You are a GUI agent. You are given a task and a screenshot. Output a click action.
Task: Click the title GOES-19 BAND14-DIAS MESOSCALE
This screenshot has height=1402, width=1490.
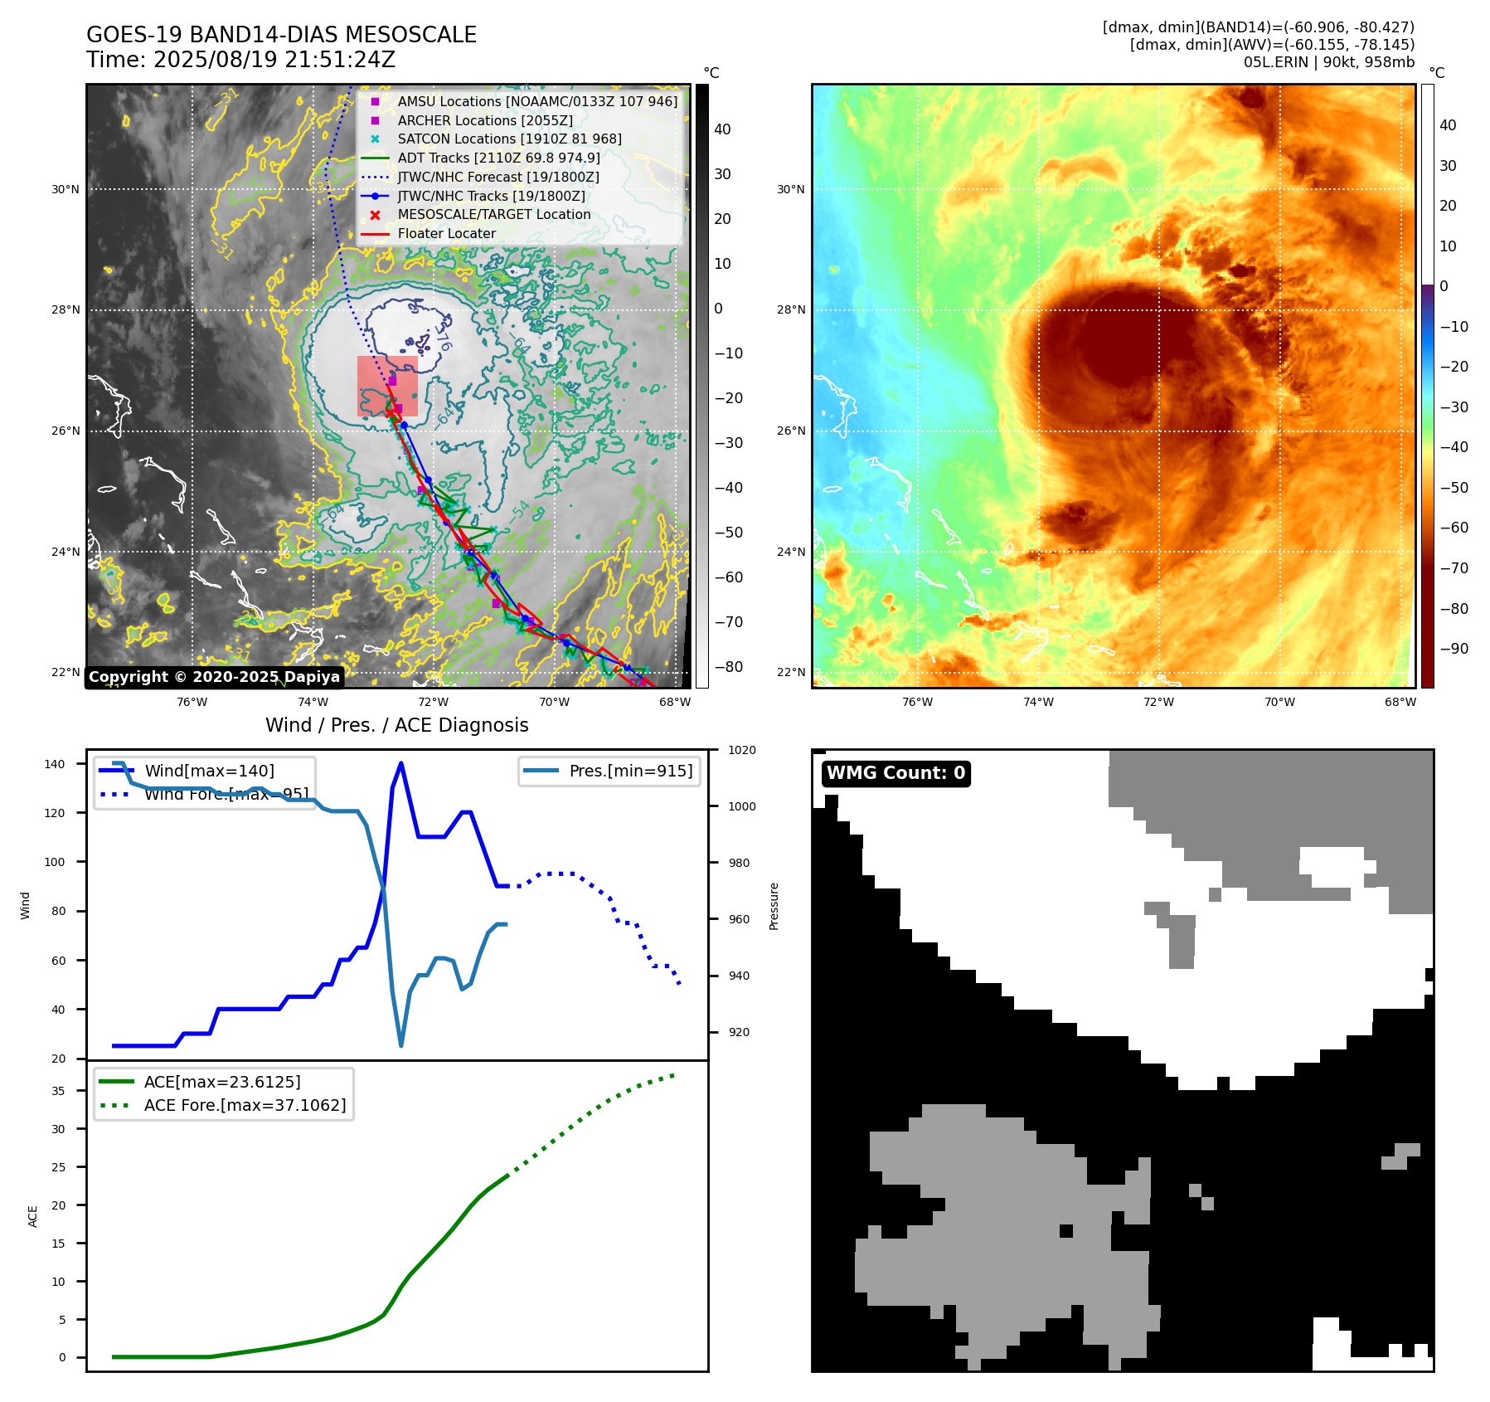click(x=281, y=35)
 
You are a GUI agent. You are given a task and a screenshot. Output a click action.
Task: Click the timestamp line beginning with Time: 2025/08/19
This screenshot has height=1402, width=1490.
click(x=240, y=60)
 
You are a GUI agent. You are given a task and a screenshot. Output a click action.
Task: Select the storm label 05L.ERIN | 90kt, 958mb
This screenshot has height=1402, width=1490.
click(x=1328, y=62)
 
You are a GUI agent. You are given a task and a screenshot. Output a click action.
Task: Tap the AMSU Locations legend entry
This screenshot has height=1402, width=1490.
click(x=536, y=101)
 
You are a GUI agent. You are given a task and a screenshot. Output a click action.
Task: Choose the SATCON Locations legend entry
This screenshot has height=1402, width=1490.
click(x=509, y=139)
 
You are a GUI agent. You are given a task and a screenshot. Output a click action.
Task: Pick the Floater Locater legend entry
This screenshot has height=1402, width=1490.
click(x=446, y=234)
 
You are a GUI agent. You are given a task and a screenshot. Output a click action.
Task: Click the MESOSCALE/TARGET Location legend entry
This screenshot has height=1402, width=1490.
click(x=493, y=215)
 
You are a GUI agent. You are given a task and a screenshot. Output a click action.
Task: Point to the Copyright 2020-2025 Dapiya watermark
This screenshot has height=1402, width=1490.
click(x=214, y=677)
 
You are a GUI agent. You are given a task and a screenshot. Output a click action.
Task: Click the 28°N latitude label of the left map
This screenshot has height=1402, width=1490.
click(x=66, y=310)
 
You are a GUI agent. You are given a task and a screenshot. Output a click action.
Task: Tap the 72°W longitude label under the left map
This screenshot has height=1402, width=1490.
click(x=434, y=703)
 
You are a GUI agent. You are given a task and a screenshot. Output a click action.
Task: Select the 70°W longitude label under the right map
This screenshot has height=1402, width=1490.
click(x=1279, y=703)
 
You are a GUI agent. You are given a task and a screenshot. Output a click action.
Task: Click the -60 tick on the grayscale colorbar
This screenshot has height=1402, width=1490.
click(x=729, y=577)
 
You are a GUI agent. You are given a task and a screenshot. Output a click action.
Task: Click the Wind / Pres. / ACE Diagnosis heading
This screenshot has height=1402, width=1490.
click(x=396, y=726)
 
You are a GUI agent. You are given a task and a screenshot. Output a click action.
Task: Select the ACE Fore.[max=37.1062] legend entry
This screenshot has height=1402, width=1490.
click(x=245, y=1105)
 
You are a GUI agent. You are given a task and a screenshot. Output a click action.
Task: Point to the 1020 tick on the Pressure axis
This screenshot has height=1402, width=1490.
click(x=741, y=751)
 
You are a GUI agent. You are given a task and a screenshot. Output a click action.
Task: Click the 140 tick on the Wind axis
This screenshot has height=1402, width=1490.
click(x=55, y=764)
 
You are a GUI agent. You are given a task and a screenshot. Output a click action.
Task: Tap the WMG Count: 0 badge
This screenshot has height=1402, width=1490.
click(x=895, y=773)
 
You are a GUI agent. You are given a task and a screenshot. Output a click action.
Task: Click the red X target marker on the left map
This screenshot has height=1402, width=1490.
click(x=391, y=412)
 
